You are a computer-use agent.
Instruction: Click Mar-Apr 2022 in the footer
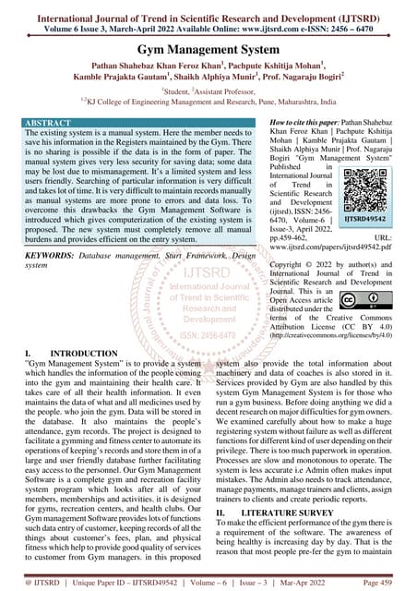[317, 584]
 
